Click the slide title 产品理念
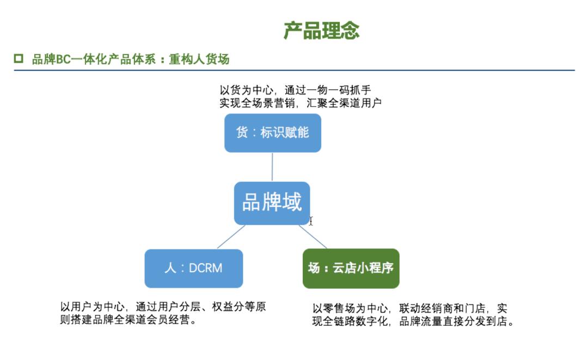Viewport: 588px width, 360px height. point(321,30)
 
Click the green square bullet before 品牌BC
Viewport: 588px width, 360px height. point(19,59)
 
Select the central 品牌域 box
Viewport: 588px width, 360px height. point(272,203)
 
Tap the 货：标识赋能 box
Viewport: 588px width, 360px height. point(272,132)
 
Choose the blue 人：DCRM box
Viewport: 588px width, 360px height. point(193,268)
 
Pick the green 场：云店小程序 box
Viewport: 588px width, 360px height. point(351,268)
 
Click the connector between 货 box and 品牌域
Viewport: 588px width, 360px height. point(272,167)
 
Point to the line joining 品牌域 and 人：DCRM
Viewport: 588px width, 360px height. point(231,237)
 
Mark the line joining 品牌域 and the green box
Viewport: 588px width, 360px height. point(313,237)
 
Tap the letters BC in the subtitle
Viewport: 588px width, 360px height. point(64,59)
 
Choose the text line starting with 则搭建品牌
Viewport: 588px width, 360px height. point(128,320)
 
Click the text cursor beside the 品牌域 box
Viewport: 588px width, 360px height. point(311,221)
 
